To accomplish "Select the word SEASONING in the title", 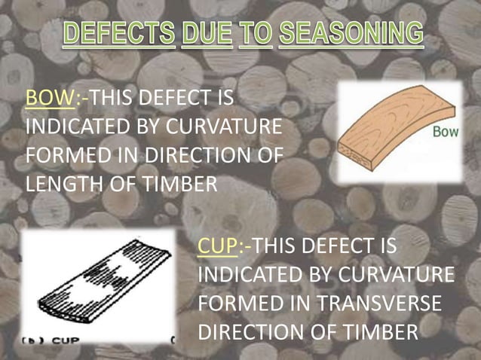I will pyautogui.click(x=351, y=35).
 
